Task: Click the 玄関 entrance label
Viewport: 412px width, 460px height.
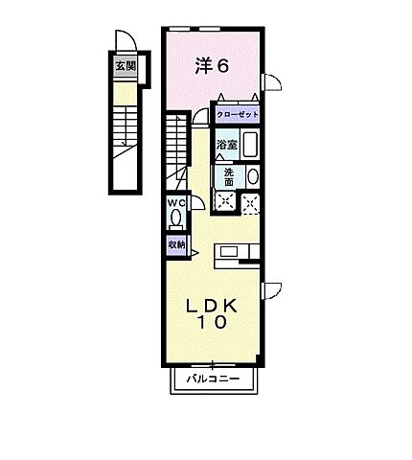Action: tap(126, 66)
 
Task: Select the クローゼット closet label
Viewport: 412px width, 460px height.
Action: tap(238, 114)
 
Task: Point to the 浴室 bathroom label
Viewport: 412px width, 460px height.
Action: tap(226, 145)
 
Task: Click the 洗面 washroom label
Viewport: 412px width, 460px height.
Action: tap(229, 176)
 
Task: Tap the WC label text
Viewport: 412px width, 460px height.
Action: tap(176, 203)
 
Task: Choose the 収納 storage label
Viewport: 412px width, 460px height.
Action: tap(177, 244)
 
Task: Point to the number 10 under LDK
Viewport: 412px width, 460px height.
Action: tap(213, 324)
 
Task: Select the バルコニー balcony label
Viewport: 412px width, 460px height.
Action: tap(213, 381)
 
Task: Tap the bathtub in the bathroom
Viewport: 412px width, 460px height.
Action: tap(249, 146)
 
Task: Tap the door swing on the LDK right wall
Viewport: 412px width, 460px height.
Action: tap(271, 289)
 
